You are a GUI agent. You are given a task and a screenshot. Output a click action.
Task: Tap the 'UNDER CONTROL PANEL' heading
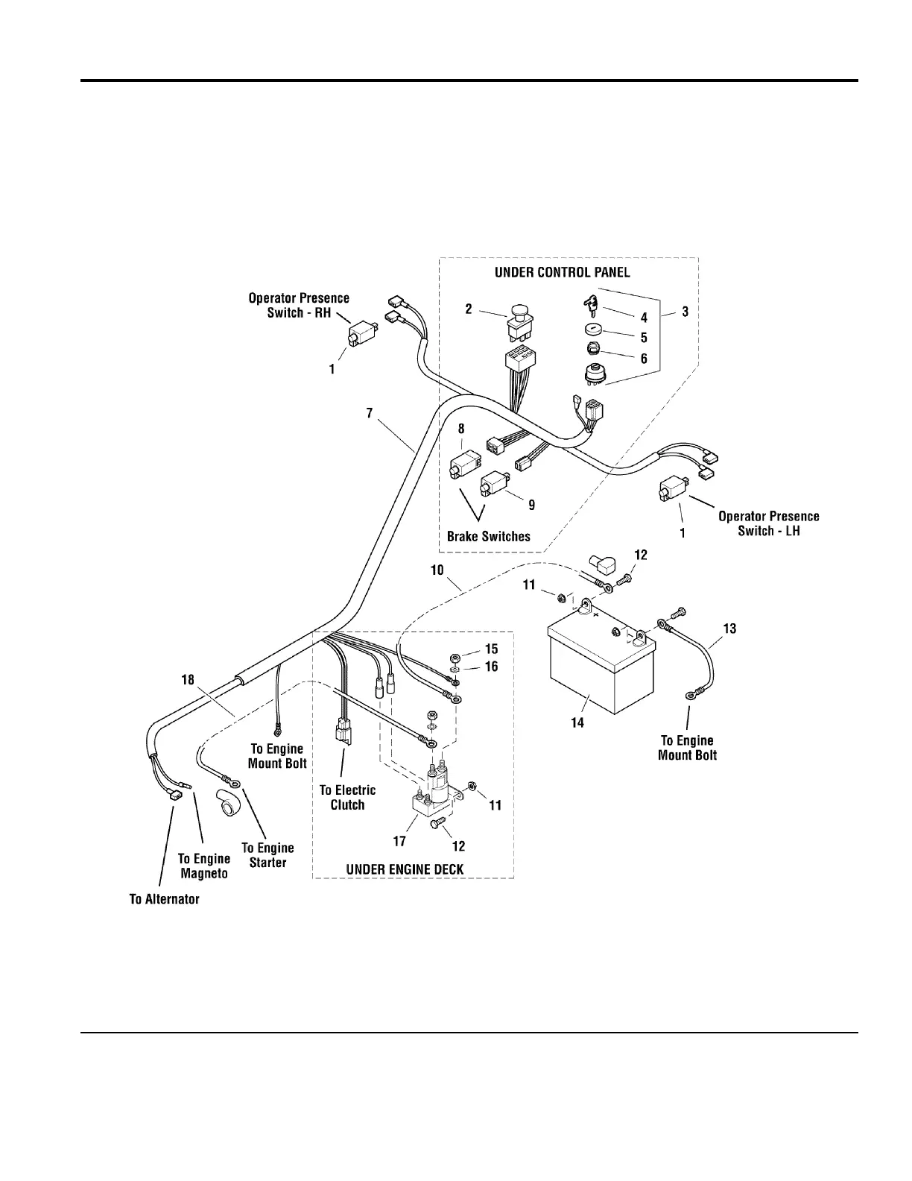(x=562, y=272)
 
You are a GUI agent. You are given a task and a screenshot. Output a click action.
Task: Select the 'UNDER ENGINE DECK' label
(x=405, y=869)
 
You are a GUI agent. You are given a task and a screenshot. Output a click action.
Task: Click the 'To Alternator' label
(x=164, y=899)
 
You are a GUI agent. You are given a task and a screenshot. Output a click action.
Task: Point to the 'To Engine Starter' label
(x=267, y=855)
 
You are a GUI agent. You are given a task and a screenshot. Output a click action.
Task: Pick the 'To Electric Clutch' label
(x=347, y=797)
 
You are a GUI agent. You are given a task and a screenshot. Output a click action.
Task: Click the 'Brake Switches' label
(x=488, y=536)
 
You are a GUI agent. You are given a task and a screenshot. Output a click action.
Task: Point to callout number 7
(x=369, y=412)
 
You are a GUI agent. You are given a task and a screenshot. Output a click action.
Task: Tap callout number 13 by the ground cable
(x=729, y=629)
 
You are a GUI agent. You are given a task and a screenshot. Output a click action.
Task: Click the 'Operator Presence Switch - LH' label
(x=768, y=523)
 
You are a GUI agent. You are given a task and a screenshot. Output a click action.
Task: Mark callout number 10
(x=437, y=570)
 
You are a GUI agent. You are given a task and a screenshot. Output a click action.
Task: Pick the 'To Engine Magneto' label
(x=203, y=866)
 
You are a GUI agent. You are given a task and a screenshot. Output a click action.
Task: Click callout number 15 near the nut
(x=491, y=649)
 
